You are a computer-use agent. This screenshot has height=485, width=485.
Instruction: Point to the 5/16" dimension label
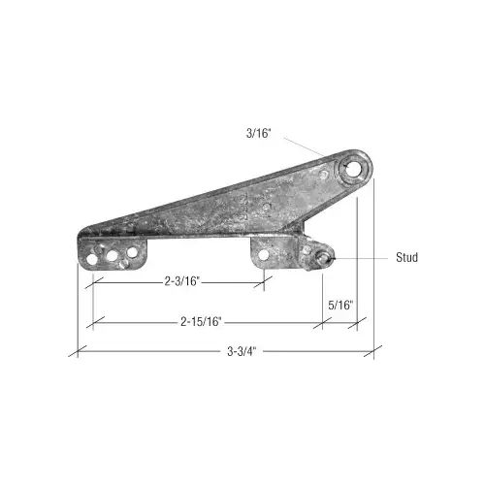tap(341, 305)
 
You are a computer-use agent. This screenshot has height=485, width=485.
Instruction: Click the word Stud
tap(406, 258)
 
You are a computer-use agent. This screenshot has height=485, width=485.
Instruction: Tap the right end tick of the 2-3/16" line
tap(265, 282)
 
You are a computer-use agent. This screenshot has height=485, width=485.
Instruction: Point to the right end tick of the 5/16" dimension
tap(357, 322)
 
